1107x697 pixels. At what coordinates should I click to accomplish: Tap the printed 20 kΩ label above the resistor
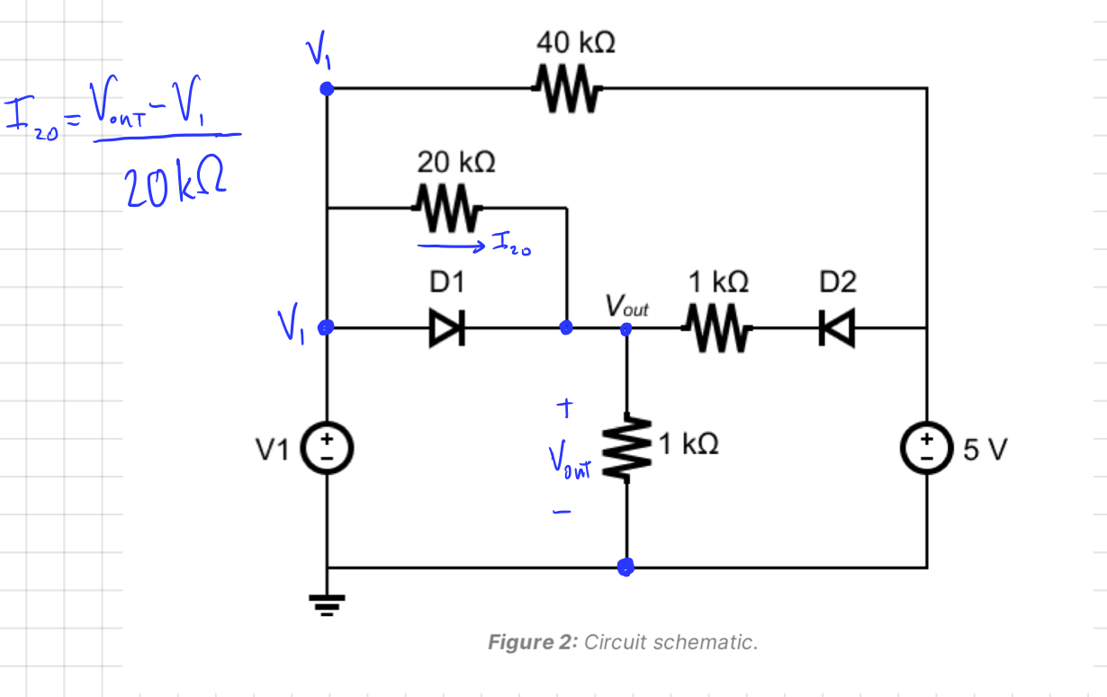[x=454, y=162]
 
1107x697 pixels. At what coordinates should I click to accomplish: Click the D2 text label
[x=838, y=282]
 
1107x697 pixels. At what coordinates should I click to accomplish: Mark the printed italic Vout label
[x=626, y=306]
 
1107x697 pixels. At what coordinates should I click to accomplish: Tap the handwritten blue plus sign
[x=564, y=409]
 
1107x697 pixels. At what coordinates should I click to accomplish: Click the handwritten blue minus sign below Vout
[x=562, y=514]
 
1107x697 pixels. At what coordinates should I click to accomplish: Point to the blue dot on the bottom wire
[x=626, y=567]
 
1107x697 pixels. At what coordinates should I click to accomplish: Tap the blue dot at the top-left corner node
[x=328, y=88]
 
